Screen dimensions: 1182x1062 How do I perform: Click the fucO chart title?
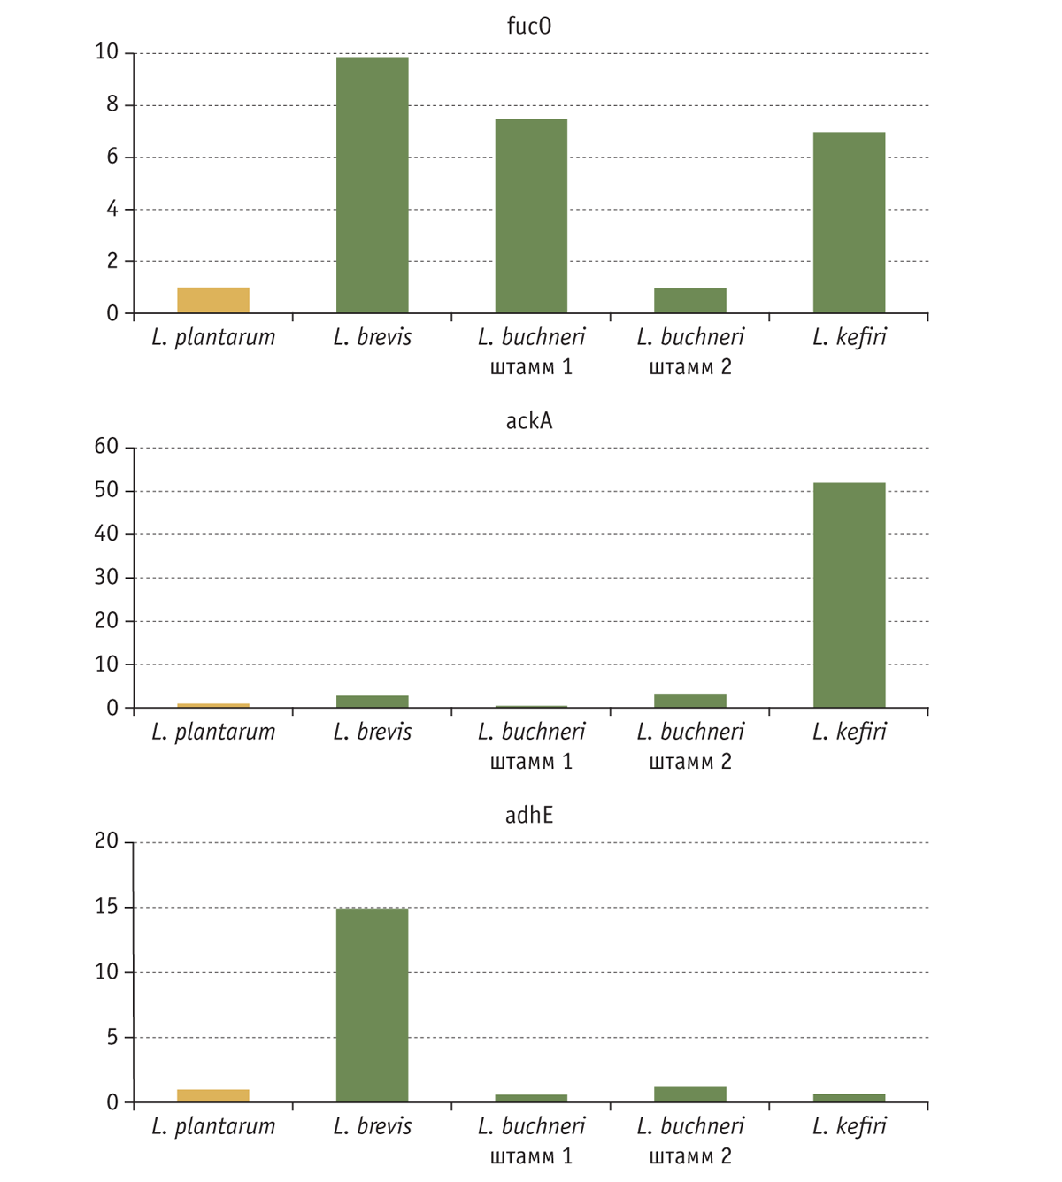click(x=528, y=26)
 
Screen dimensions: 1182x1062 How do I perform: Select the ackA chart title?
click(x=528, y=420)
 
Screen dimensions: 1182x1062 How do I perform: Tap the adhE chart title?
click(x=528, y=815)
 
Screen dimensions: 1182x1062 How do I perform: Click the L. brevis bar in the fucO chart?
click(x=372, y=185)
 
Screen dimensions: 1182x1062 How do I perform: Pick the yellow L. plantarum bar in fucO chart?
click(x=213, y=300)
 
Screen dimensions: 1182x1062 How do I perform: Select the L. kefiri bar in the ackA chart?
click(x=849, y=595)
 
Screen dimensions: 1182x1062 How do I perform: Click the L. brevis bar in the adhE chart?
click(x=372, y=1004)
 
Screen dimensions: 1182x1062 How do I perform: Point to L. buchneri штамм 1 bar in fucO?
click(x=531, y=216)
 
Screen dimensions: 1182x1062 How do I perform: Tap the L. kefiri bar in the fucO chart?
click(x=849, y=222)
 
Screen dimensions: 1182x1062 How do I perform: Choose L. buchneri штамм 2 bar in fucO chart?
click(x=690, y=300)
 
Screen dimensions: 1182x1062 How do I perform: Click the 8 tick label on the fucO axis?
click(x=112, y=104)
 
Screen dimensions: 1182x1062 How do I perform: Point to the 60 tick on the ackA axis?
click(x=106, y=447)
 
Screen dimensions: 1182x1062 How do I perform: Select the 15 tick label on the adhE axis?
click(x=106, y=907)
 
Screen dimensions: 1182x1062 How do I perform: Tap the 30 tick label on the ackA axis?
click(x=106, y=577)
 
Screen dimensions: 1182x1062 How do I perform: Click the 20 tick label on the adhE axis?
click(x=106, y=840)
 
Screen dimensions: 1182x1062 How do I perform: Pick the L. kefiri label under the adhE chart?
click(x=849, y=1126)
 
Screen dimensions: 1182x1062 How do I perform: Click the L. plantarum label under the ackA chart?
click(x=213, y=732)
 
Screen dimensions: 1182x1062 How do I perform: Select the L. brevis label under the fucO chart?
click(x=372, y=337)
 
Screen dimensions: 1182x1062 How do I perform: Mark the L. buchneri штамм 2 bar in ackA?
click(x=690, y=700)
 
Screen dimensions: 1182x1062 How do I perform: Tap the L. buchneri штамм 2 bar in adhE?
click(x=690, y=1094)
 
